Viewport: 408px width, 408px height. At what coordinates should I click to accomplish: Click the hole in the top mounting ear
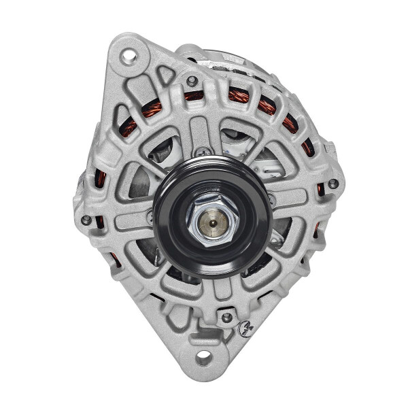[128, 56]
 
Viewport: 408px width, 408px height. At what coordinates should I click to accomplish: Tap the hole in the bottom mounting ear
[203, 358]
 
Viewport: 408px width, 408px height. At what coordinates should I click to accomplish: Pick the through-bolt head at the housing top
[192, 82]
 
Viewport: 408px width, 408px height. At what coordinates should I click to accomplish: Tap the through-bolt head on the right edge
[333, 184]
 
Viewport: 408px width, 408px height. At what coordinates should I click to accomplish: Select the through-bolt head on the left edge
[86, 220]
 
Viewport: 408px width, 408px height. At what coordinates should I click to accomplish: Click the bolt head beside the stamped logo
[226, 318]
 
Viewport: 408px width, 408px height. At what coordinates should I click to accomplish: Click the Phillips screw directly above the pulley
[202, 152]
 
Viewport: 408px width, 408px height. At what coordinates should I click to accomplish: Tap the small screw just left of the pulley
[150, 216]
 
